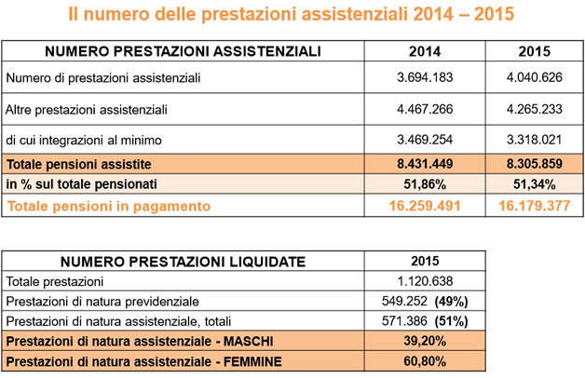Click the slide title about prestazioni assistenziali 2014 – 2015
pyautogui.click(x=291, y=14)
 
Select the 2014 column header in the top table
pyautogui.click(x=425, y=51)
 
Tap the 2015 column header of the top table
pyautogui.click(x=535, y=51)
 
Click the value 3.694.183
pyautogui.click(x=425, y=77)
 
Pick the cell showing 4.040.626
pyautogui.click(x=535, y=77)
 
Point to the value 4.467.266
pyautogui.click(x=425, y=109)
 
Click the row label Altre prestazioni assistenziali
pyautogui.click(x=87, y=110)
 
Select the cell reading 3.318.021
pyautogui.click(x=535, y=140)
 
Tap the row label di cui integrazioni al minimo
pyautogui.click(x=84, y=141)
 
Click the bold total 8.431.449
pyautogui.click(x=425, y=164)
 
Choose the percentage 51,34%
pyautogui.click(x=535, y=184)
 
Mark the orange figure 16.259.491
pyautogui.click(x=425, y=206)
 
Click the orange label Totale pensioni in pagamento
pyautogui.click(x=109, y=206)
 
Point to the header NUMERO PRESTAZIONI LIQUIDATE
pyautogui.click(x=183, y=262)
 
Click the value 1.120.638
pyautogui.click(x=425, y=281)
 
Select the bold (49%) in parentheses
pyautogui.click(x=451, y=302)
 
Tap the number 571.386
pyautogui.click(x=404, y=321)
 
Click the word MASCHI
pyautogui.click(x=248, y=342)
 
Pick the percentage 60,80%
pyautogui.click(x=425, y=361)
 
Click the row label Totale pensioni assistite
pyautogui.click(x=79, y=165)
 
